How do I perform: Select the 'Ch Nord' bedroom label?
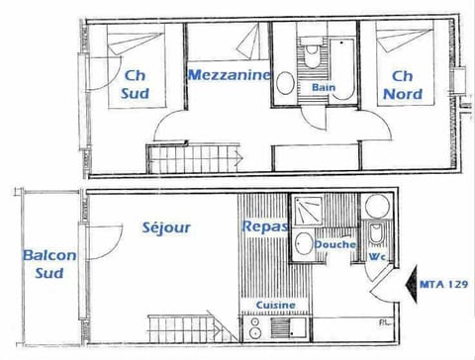coord(402,84)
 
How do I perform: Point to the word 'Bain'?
coord(324,87)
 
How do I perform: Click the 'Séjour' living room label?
coord(165,227)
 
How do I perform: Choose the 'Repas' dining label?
coord(264,226)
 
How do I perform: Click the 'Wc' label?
coord(376,257)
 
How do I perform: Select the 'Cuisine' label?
coord(274,306)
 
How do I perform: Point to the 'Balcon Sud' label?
coord(49,264)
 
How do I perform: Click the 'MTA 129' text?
coord(442,284)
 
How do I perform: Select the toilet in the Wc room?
coord(377,233)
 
